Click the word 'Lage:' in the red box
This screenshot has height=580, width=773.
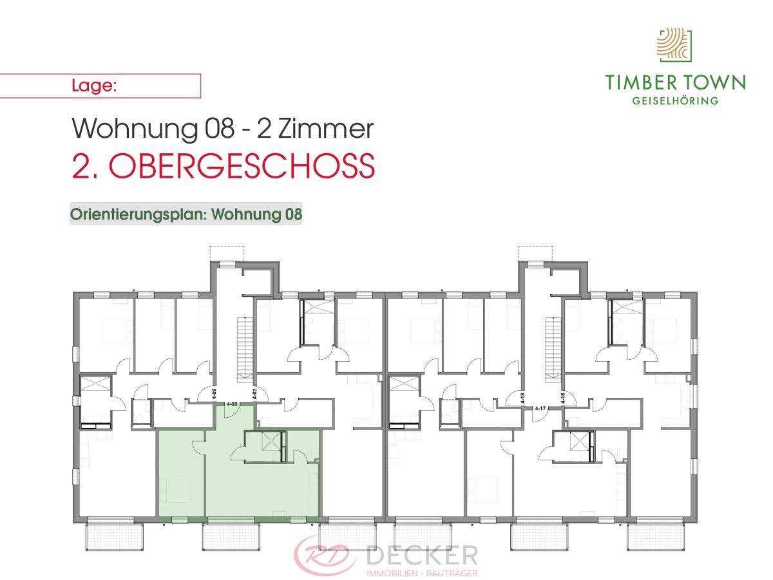(x=93, y=86)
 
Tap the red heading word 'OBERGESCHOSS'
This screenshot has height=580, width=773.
(x=242, y=167)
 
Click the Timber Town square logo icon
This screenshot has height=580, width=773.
(x=674, y=44)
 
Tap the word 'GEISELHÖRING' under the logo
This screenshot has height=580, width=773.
(x=675, y=101)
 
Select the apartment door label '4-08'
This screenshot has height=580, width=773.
(x=233, y=404)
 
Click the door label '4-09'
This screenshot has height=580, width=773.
(x=215, y=393)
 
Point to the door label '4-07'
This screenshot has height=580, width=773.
(x=255, y=393)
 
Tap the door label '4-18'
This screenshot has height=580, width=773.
(x=523, y=397)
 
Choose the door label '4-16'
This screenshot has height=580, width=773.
(x=563, y=397)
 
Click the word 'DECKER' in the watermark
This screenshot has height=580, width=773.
(x=422, y=555)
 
